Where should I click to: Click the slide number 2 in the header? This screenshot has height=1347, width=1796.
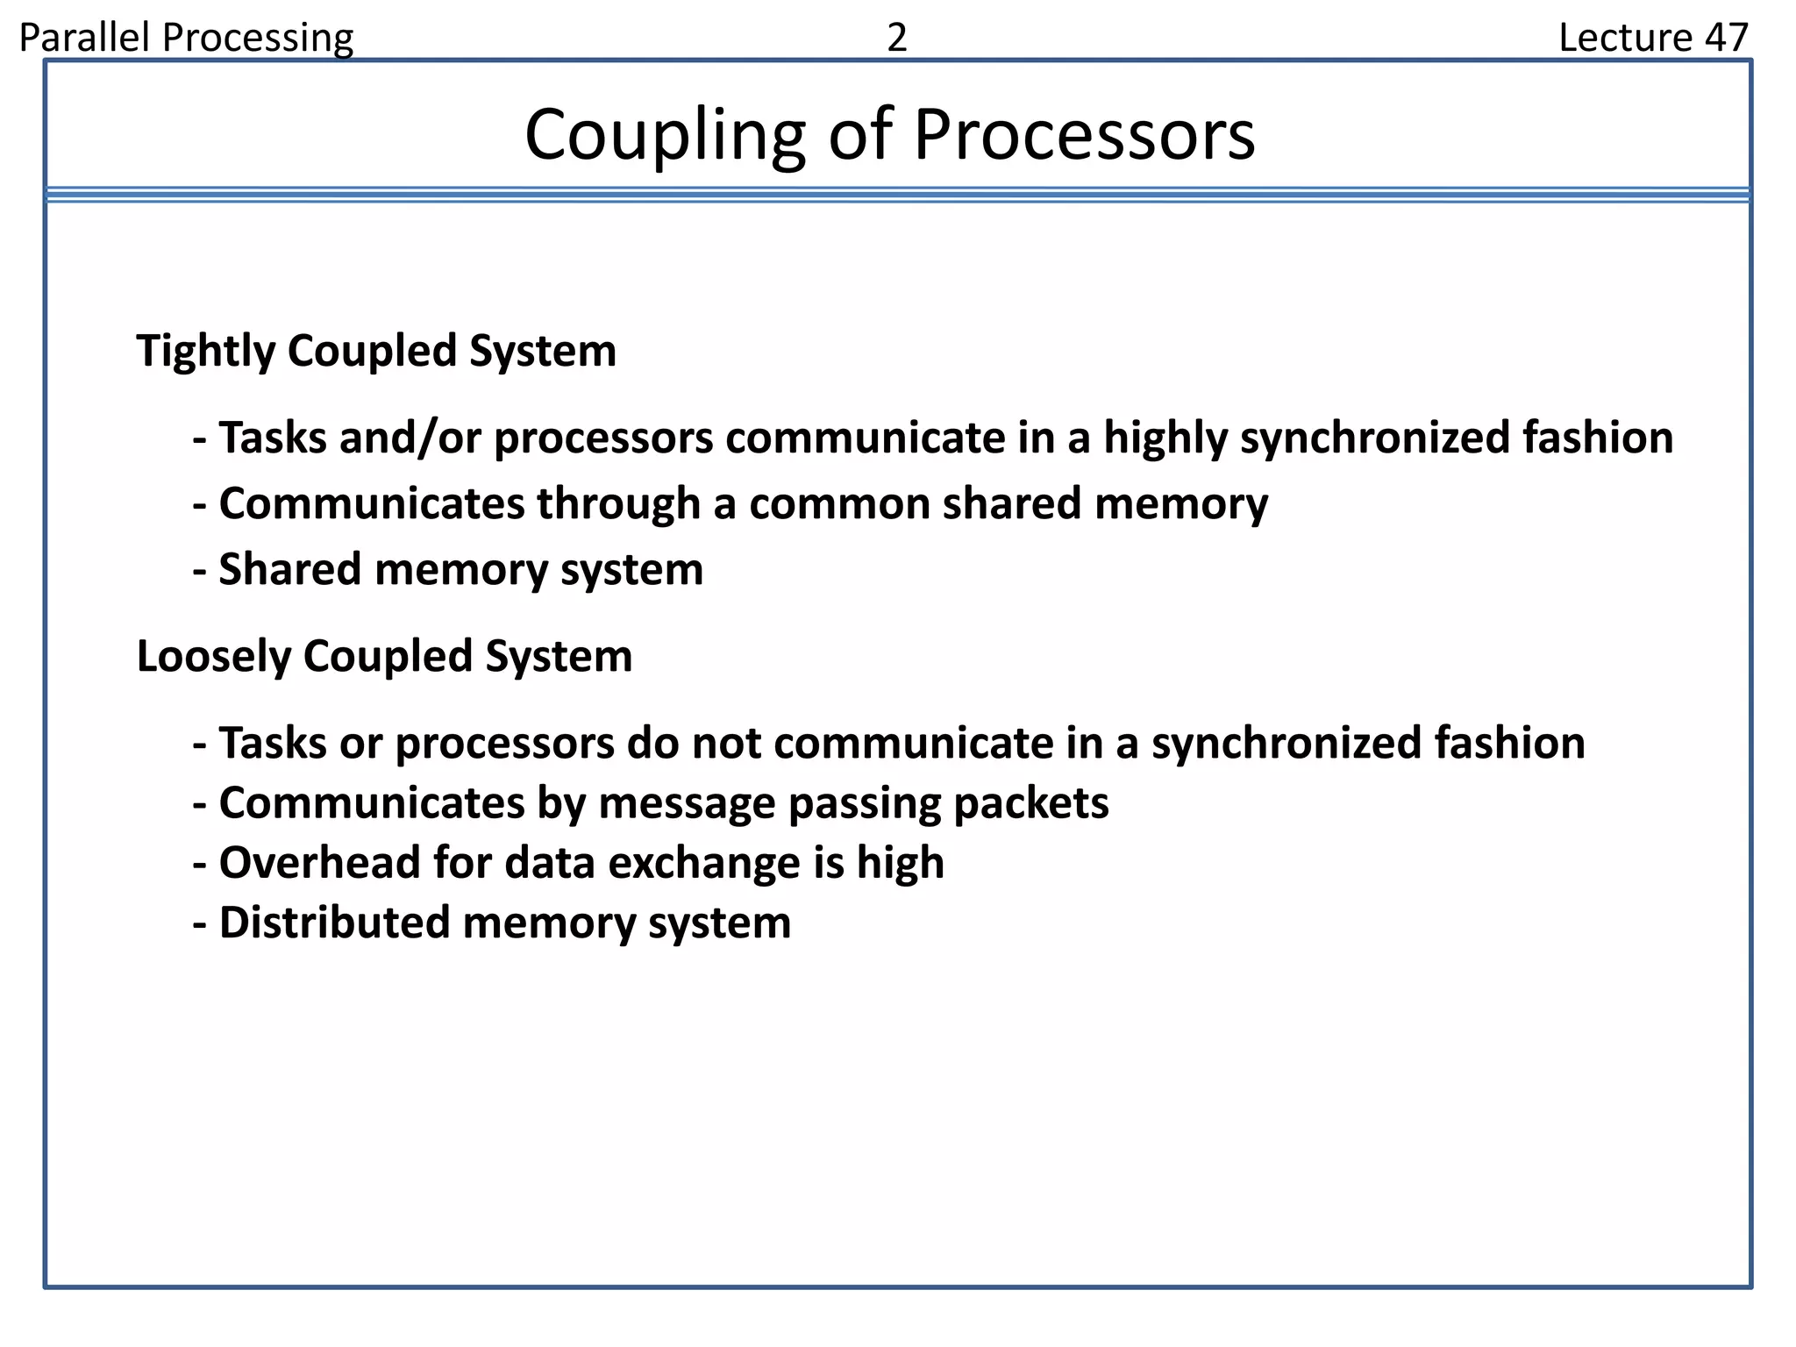tap(896, 38)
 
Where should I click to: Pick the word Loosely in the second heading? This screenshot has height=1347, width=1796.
tap(214, 657)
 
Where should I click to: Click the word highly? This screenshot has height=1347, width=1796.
tap(1165, 438)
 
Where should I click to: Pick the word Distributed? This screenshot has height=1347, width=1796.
tap(334, 923)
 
